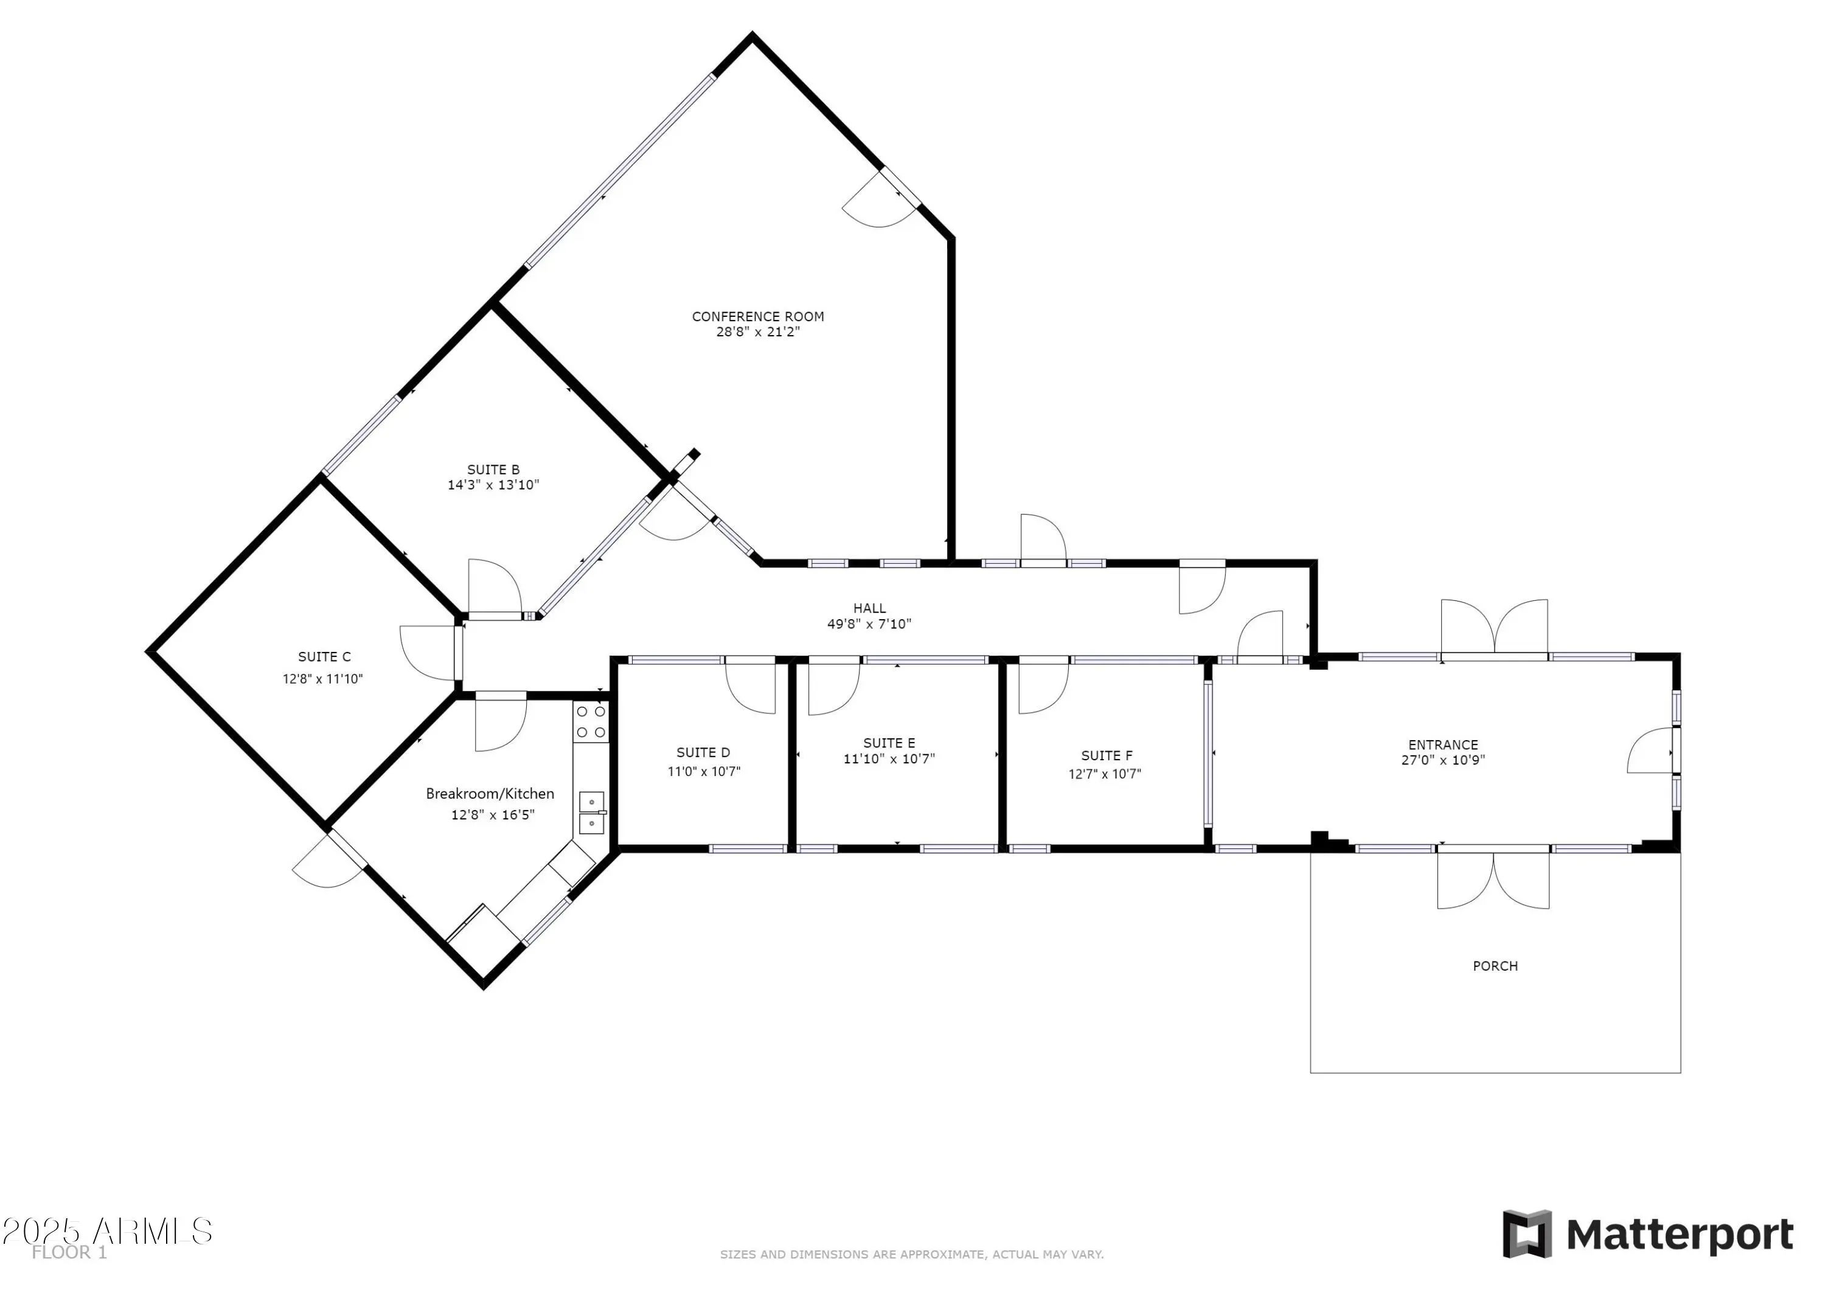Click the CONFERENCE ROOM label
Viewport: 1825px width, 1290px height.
(x=757, y=316)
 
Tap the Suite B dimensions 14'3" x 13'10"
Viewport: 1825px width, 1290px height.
(x=493, y=485)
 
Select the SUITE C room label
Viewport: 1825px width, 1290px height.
(x=324, y=656)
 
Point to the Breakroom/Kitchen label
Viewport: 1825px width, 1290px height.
(x=490, y=793)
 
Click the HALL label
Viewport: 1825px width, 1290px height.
(x=869, y=608)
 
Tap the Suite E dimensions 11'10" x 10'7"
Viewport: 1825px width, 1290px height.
(x=889, y=759)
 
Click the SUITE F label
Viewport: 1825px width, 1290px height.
(x=1107, y=756)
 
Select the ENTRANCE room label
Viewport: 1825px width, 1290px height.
(x=1443, y=745)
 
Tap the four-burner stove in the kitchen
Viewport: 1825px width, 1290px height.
(x=591, y=722)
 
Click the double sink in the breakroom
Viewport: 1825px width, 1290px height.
(x=591, y=813)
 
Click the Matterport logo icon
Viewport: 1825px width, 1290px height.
(x=1526, y=1233)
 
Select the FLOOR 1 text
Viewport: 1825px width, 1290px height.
(x=69, y=1253)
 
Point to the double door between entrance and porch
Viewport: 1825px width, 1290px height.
(x=1493, y=878)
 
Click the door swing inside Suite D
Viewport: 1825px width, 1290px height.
(x=750, y=684)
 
